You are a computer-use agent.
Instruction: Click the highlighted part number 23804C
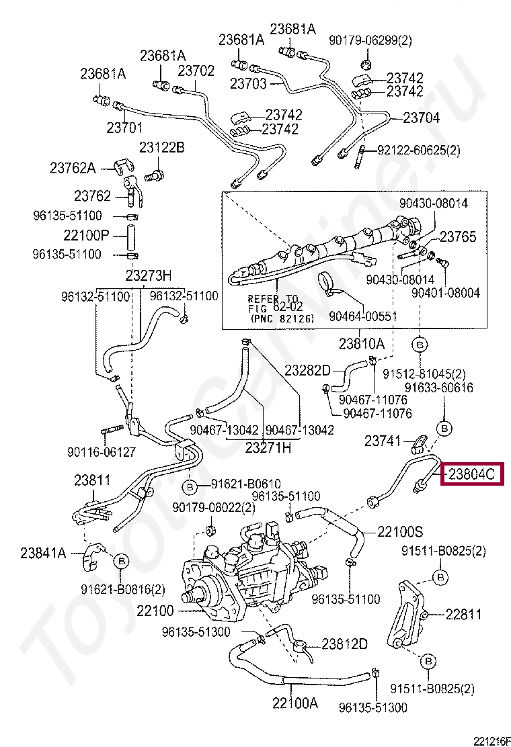[471, 475]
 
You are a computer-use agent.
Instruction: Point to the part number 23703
[248, 83]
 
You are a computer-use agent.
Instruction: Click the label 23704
[421, 118]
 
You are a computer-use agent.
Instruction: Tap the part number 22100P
[86, 236]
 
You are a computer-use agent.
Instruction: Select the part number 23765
[458, 236]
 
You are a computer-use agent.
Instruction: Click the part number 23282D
[307, 369]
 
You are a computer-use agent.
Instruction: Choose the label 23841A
[43, 553]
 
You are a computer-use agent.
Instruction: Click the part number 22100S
[399, 532]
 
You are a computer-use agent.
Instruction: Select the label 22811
[464, 613]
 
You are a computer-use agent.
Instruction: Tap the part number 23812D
[344, 644]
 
